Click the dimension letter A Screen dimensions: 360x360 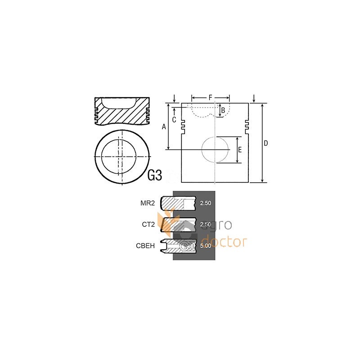pos(164,126)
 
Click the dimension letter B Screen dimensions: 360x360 pos(223,110)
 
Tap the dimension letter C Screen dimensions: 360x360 pos(174,120)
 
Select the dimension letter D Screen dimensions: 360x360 pos(265,143)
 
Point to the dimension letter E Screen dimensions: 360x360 pos(240,150)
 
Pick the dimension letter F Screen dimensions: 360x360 pos(210,98)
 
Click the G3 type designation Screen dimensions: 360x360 pos(155,175)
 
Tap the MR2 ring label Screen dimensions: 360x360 pos(148,203)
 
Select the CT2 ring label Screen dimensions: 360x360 pos(148,225)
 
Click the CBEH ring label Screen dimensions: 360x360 pos(145,246)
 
